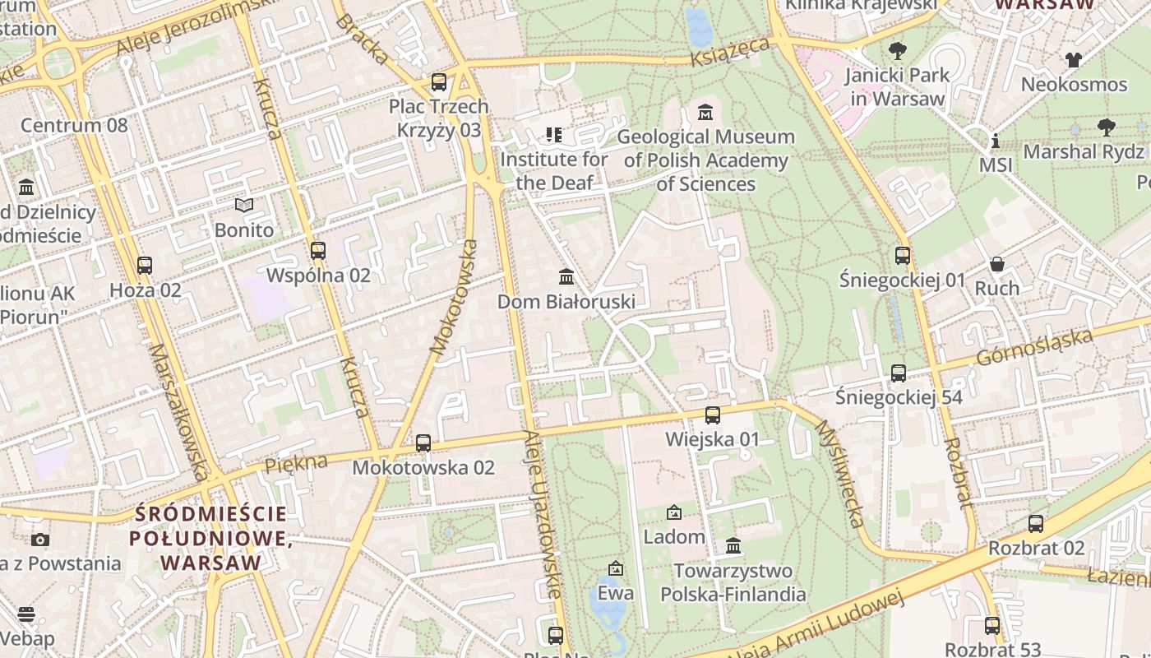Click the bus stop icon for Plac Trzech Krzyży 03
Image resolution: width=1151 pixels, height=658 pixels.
(x=439, y=82)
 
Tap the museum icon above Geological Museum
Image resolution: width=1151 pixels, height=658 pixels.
(x=705, y=112)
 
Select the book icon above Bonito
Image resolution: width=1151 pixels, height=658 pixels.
(x=244, y=205)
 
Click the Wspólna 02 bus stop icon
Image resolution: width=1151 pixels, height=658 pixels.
(x=318, y=251)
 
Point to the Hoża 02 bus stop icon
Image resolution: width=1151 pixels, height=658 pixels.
(x=145, y=266)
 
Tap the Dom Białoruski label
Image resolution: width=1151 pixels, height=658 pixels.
(x=566, y=302)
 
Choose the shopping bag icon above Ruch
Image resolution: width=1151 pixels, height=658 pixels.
(x=997, y=264)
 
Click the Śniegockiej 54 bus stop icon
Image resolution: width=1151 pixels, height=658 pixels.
(x=899, y=373)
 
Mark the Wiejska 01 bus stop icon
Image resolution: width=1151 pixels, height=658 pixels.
(x=713, y=415)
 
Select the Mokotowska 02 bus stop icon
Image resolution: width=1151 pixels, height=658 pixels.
(x=423, y=443)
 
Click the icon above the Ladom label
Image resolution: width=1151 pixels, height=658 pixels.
(x=674, y=512)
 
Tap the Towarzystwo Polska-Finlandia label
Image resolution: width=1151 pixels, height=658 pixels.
(x=733, y=582)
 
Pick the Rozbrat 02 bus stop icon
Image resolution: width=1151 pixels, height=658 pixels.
(x=1036, y=523)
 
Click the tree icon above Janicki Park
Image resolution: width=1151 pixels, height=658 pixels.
(x=898, y=51)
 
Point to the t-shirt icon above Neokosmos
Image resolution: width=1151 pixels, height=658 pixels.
(x=1074, y=59)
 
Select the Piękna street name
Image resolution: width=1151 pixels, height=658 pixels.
(x=295, y=463)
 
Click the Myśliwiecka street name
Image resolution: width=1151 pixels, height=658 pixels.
(x=839, y=474)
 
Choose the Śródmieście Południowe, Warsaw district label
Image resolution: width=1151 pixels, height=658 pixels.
(x=211, y=539)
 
